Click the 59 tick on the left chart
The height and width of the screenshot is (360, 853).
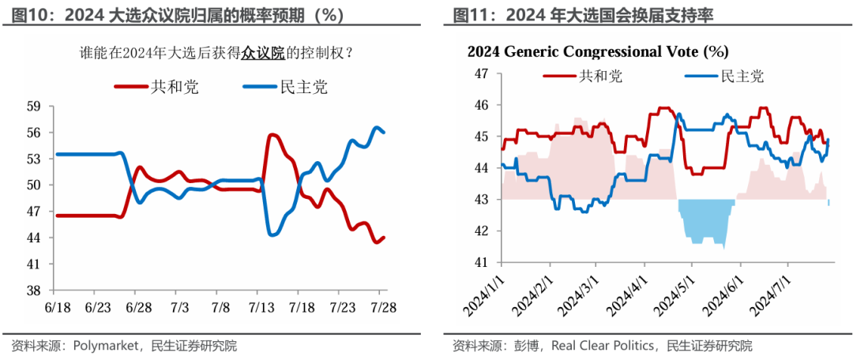(x=33, y=106)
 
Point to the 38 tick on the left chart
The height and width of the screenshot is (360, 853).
(x=33, y=291)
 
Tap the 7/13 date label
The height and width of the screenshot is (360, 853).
(x=261, y=306)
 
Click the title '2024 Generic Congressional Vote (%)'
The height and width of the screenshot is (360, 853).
(x=597, y=52)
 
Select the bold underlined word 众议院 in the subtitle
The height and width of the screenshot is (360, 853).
(x=263, y=54)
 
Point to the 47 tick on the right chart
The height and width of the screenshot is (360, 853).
(x=482, y=73)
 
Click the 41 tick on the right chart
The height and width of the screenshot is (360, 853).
(x=482, y=262)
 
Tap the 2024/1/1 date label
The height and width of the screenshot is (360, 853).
(x=487, y=294)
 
